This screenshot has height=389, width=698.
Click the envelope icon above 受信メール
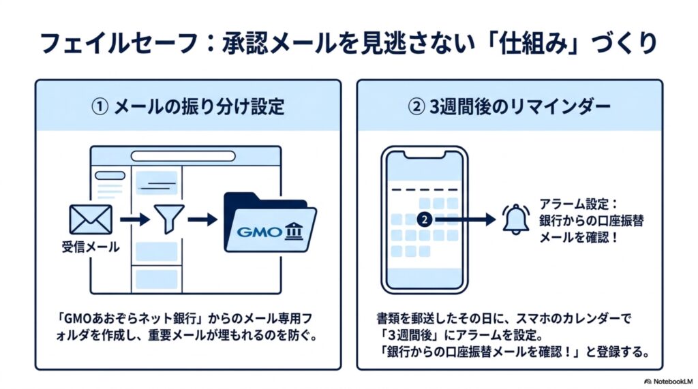click(91, 219)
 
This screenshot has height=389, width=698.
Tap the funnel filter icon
click(169, 219)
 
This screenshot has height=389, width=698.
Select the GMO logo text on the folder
click(259, 232)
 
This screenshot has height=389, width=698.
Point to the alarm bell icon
click(515, 219)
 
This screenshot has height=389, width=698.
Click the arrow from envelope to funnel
click(135, 219)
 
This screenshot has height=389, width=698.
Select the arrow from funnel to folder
click(202, 219)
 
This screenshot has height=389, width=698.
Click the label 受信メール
click(91, 247)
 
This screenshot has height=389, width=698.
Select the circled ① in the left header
click(100, 107)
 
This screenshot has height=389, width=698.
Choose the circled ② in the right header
click(416, 107)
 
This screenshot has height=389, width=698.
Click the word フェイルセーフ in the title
click(119, 44)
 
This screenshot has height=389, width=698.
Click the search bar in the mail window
click(183, 156)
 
